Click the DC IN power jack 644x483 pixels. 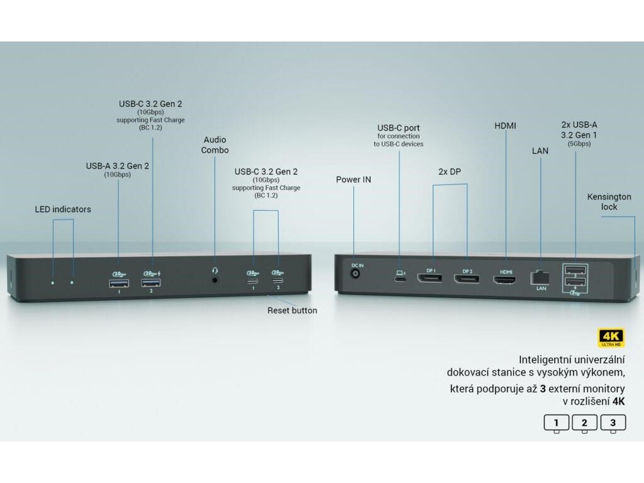pyautogui.click(x=357, y=275)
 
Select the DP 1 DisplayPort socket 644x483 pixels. pyautogui.click(x=431, y=278)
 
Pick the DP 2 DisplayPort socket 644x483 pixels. pyautogui.click(x=467, y=278)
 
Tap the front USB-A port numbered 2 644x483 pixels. pyautogui.click(x=152, y=283)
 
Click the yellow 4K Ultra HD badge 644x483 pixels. pyautogui.click(x=611, y=337)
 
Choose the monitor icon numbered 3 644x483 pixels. pyautogui.click(x=613, y=423)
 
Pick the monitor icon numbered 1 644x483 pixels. pyautogui.click(x=557, y=423)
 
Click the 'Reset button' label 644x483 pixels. pyautogui.click(x=292, y=311)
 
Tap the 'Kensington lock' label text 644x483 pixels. pyautogui.click(x=609, y=202)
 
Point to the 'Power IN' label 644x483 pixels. pyautogui.click(x=353, y=180)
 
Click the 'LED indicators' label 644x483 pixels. pyautogui.click(x=63, y=209)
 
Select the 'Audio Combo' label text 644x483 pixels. pyautogui.click(x=214, y=145)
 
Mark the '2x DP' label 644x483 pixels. pyautogui.click(x=450, y=171)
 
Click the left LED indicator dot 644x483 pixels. pyautogui.click(x=53, y=283)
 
